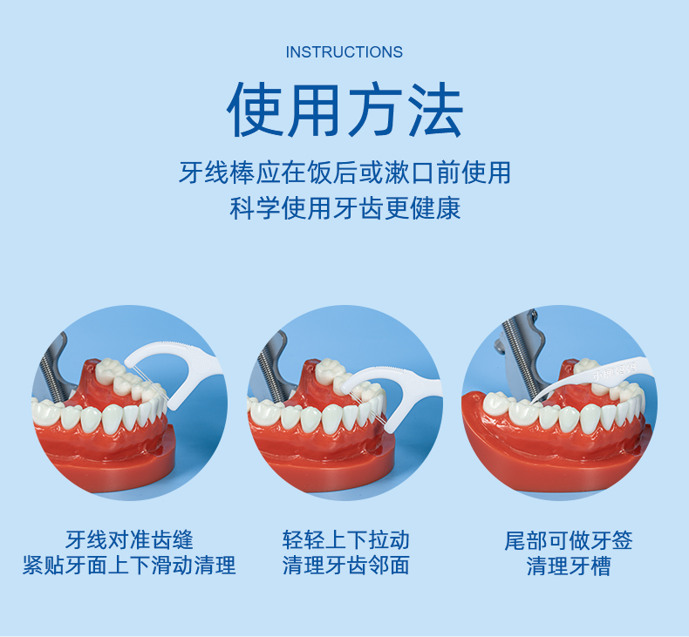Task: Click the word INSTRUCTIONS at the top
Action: (344, 52)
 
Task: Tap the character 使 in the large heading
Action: (256, 109)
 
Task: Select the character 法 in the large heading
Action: (433, 109)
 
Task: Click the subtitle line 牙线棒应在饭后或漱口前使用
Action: (344, 172)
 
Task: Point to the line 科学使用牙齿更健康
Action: (344, 209)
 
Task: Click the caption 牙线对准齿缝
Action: (129, 540)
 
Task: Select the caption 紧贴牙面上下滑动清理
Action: (129, 566)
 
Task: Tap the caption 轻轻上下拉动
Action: (345, 540)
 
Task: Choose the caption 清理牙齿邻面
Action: (345, 566)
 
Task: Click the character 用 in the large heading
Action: (315, 109)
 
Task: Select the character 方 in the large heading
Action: (374, 109)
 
